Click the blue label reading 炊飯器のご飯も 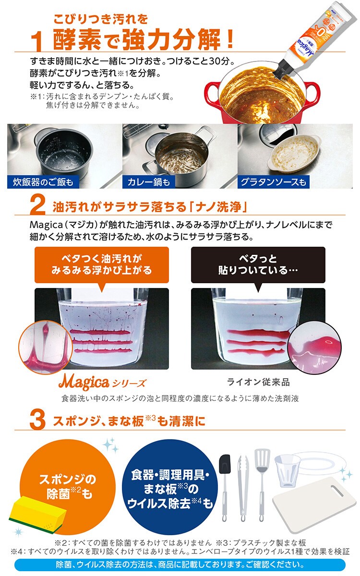tap(43, 182)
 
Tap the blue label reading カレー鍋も tap(149, 182)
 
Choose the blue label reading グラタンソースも tap(273, 182)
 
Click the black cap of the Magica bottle tap(283, 68)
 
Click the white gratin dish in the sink tap(294, 154)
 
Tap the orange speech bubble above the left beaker tap(102, 265)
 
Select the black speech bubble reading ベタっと tap(258, 265)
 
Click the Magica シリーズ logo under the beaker tap(102, 383)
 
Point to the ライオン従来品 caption tap(258, 383)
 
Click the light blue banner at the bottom tap(180, 565)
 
